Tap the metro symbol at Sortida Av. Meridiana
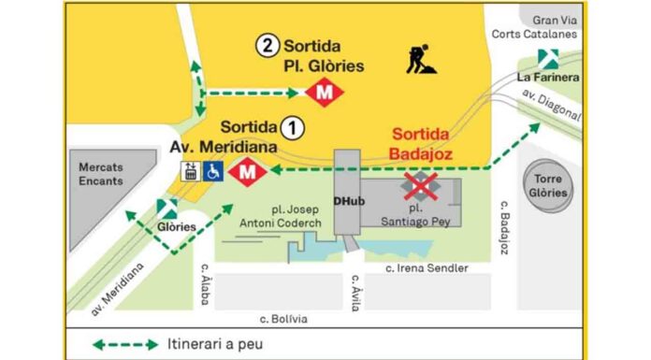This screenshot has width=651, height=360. click(248, 171)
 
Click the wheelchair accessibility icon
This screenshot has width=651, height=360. click(213, 171)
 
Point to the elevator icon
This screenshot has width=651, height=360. click(191, 171)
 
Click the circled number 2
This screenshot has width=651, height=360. click(268, 44)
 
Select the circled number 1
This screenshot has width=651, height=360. click(293, 125)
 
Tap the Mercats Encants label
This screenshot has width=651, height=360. click(100, 174)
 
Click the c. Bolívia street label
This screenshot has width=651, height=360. click(284, 319)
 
